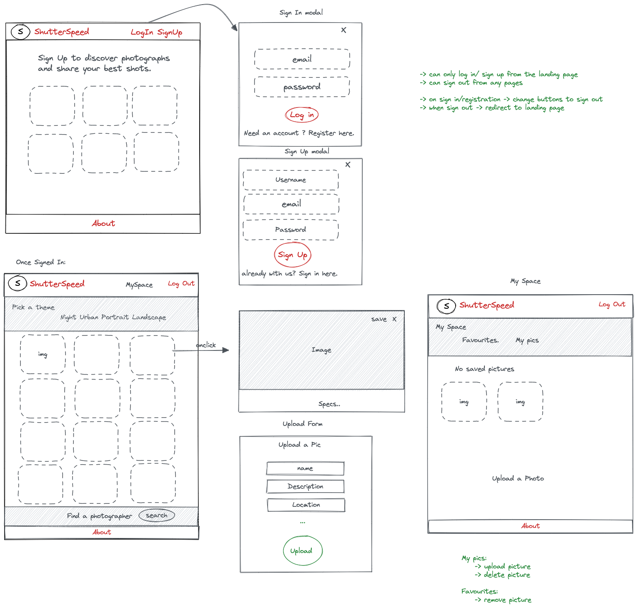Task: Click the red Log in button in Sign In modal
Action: pyautogui.click(x=302, y=115)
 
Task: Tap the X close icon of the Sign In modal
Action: pyautogui.click(x=344, y=30)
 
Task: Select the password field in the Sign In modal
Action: pyautogui.click(x=302, y=87)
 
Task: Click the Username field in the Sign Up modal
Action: pyautogui.click(x=291, y=180)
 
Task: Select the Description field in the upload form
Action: pyautogui.click(x=305, y=486)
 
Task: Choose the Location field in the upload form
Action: pyautogui.click(x=306, y=505)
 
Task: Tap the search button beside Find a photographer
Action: pyautogui.click(x=157, y=515)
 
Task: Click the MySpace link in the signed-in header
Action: pyautogui.click(x=139, y=285)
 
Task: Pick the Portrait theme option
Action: pyautogui.click(x=115, y=317)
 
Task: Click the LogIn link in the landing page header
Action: pyautogui.click(x=142, y=33)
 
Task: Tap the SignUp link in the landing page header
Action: pyautogui.click(x=170, y=33)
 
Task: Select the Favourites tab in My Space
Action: pyautogui.click(x=480, y=340)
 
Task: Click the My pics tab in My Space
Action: pyautogui.click(x=527, y=340)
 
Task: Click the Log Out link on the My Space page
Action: pyautogui.click(x=612, y=305)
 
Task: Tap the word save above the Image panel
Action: pyautogui.click(x=379, y=319)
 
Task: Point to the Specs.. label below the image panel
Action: pyautogui.click(x=329, y=404)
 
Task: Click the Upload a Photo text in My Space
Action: pyautogui.click(x=518, y=478)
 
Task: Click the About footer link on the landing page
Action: pyautogui.click(x=103, y=223)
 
